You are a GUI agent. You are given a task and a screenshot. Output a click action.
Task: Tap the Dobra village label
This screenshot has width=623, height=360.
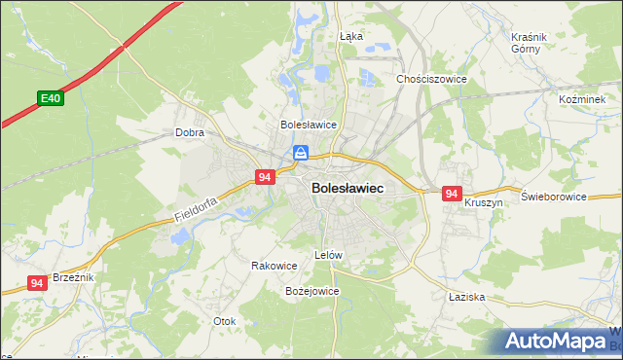tap(188, 132)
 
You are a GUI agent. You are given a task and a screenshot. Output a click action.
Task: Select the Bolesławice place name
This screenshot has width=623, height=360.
tap(308, 125)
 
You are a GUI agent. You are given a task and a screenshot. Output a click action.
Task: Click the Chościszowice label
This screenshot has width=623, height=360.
tap(431, 79)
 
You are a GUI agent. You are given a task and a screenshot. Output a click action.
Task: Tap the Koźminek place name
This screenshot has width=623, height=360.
tap(583, 99)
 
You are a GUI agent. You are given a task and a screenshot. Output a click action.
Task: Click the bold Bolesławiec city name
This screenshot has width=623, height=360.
tap(347, 188)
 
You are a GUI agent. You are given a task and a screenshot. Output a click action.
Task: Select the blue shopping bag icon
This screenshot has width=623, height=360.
tap(302, 154)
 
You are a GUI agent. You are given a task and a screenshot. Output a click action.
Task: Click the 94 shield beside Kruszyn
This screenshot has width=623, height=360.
tap(451, 195)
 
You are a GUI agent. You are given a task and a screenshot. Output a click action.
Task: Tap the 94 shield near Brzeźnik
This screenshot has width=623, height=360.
tap(37, 283)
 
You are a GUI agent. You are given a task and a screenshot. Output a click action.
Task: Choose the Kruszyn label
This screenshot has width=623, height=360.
tap(483, 202)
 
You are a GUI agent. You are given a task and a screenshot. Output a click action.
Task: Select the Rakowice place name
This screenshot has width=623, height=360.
tap(274, 265)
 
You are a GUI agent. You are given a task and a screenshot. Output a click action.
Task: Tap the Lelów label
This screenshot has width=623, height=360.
tap(328, 255)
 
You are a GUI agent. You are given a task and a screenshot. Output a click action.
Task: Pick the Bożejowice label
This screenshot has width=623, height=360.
tap(311, 290)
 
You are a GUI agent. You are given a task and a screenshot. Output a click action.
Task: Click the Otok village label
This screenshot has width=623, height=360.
tap(224, 320)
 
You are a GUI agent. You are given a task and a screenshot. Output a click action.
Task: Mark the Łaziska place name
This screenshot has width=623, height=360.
tap(466, 296)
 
